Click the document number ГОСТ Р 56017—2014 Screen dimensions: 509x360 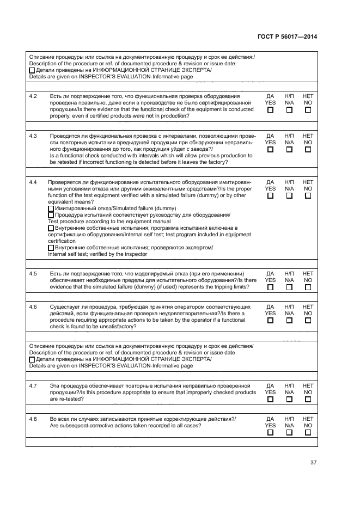click(x=287, y=37)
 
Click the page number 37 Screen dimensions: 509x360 click(x=313, y=463)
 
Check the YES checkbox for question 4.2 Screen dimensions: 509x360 click(x=270, y=110)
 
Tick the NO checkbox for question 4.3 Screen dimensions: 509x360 click(x=308, y=150)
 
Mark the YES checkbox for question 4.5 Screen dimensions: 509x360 click(x=270, y=287)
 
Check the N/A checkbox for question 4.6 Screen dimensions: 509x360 click(x=289, y=321)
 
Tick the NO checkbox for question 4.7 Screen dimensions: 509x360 click(x=308, y=399)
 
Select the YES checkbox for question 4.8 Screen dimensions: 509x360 click(x=270, y=433)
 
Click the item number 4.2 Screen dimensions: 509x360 click(x=33, y=96)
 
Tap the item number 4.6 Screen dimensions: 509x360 click(x=33, y=307)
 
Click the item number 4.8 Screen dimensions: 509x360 click(x=33, y=419)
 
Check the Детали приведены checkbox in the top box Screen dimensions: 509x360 click(x=32, y=71)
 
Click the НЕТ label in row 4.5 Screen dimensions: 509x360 click(x=308, y=274)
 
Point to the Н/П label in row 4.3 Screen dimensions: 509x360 click(x=289, y=136)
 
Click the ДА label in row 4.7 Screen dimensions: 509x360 click(x=270, y=385)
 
